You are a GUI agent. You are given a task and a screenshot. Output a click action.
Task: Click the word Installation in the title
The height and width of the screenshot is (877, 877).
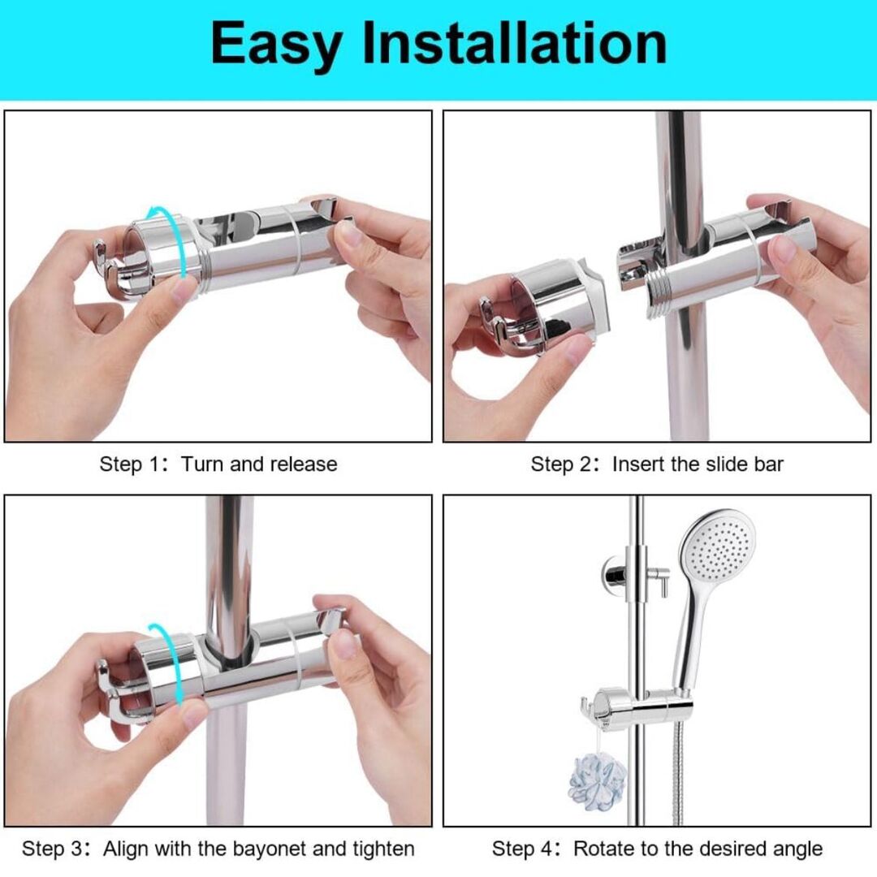pyautogui.click(x=515, y=42)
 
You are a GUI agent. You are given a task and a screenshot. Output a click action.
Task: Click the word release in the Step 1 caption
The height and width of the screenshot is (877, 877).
pyautogui.click(x=303, y=464)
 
